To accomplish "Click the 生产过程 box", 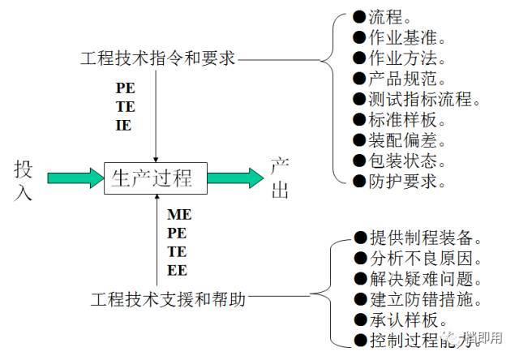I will coord(155,177).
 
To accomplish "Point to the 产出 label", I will coord(280,179).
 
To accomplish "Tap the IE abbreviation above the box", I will coord(123,126).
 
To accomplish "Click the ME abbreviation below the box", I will coord(178,216).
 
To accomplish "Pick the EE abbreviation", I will coord(177,270).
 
